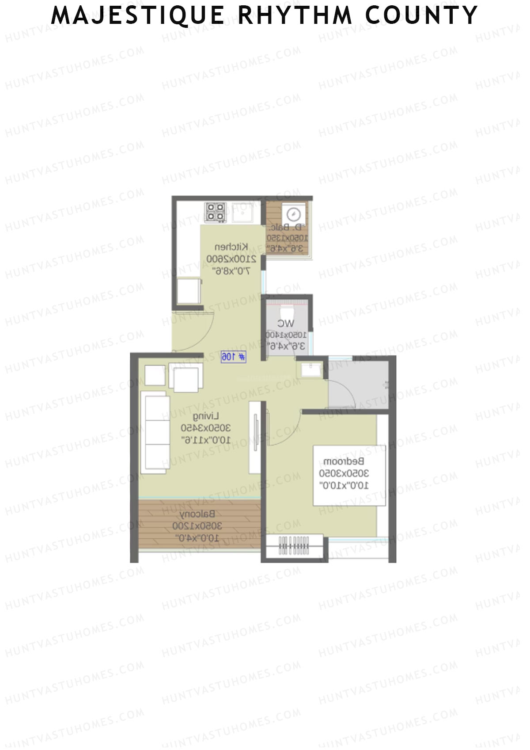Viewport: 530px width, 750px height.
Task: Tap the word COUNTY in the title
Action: coord(421,15)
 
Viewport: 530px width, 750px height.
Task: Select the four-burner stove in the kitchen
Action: coord(216,212)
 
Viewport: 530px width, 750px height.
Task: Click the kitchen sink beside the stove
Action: coord(242,212)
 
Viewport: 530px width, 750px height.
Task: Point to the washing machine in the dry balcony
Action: coord(293,214)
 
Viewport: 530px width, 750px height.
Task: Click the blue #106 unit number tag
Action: coord(234,357)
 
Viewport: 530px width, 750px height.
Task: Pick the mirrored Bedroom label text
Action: coord(344,461)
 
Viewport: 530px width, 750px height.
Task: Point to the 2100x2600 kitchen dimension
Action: coord(231,259)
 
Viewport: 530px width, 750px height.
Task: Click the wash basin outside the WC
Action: coord(311,370)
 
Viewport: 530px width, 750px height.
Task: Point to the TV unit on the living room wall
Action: coord(255,437)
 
